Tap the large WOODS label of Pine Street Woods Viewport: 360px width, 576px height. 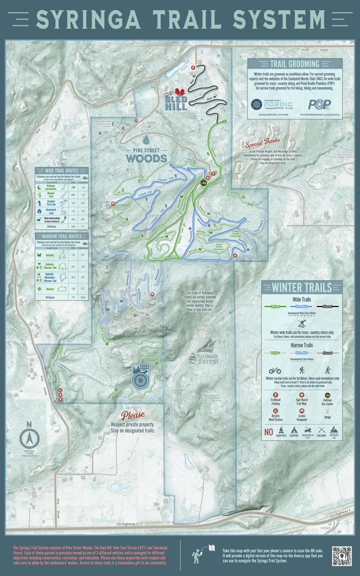point(146,158)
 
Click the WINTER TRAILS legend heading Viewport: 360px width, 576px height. point(302,287)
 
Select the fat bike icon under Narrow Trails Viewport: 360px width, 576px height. point(276,371)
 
